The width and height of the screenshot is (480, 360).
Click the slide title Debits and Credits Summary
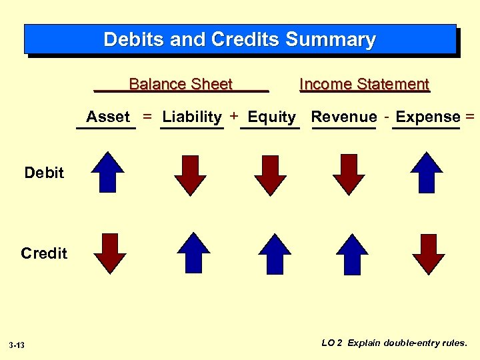[239, 40]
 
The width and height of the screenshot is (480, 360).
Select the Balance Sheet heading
[180, 84]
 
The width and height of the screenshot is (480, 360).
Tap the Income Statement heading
[364, 84]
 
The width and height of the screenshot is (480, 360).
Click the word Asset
[108, 117]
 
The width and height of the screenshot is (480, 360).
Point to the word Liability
[192, 117]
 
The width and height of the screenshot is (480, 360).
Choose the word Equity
[271, 117]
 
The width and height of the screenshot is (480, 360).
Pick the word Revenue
[344, 117]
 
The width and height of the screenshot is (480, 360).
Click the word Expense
[427, 117]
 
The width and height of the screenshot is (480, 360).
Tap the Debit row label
[44, 173]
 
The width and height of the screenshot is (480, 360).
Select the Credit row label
[44, 253]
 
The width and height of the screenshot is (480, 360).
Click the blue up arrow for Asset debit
[108, 172]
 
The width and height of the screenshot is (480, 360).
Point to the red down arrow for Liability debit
[191, 175]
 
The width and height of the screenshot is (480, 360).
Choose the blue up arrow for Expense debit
[427, 172]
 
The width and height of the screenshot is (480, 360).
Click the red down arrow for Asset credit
[110, 254]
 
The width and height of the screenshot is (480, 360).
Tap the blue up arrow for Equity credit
[275, 253]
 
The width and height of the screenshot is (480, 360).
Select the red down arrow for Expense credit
[428, 254]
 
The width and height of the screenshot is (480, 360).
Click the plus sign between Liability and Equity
[234, 116]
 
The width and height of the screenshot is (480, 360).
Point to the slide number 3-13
[17, 345]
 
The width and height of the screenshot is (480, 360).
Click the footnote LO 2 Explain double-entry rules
[394, 343]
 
